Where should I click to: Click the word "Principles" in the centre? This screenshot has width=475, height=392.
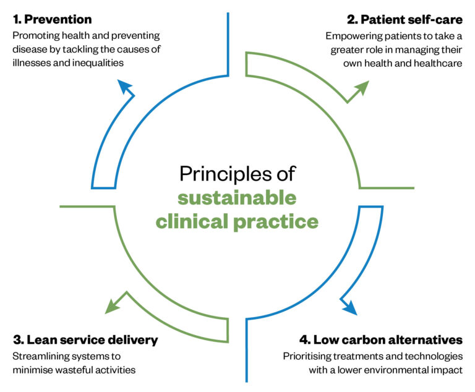tap(216, 174)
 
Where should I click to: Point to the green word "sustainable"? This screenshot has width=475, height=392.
tap(237, 198)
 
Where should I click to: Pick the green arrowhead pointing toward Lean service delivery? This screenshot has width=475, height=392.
tap(112, 304)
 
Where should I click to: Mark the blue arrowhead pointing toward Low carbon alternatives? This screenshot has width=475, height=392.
tap(348, 306)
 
